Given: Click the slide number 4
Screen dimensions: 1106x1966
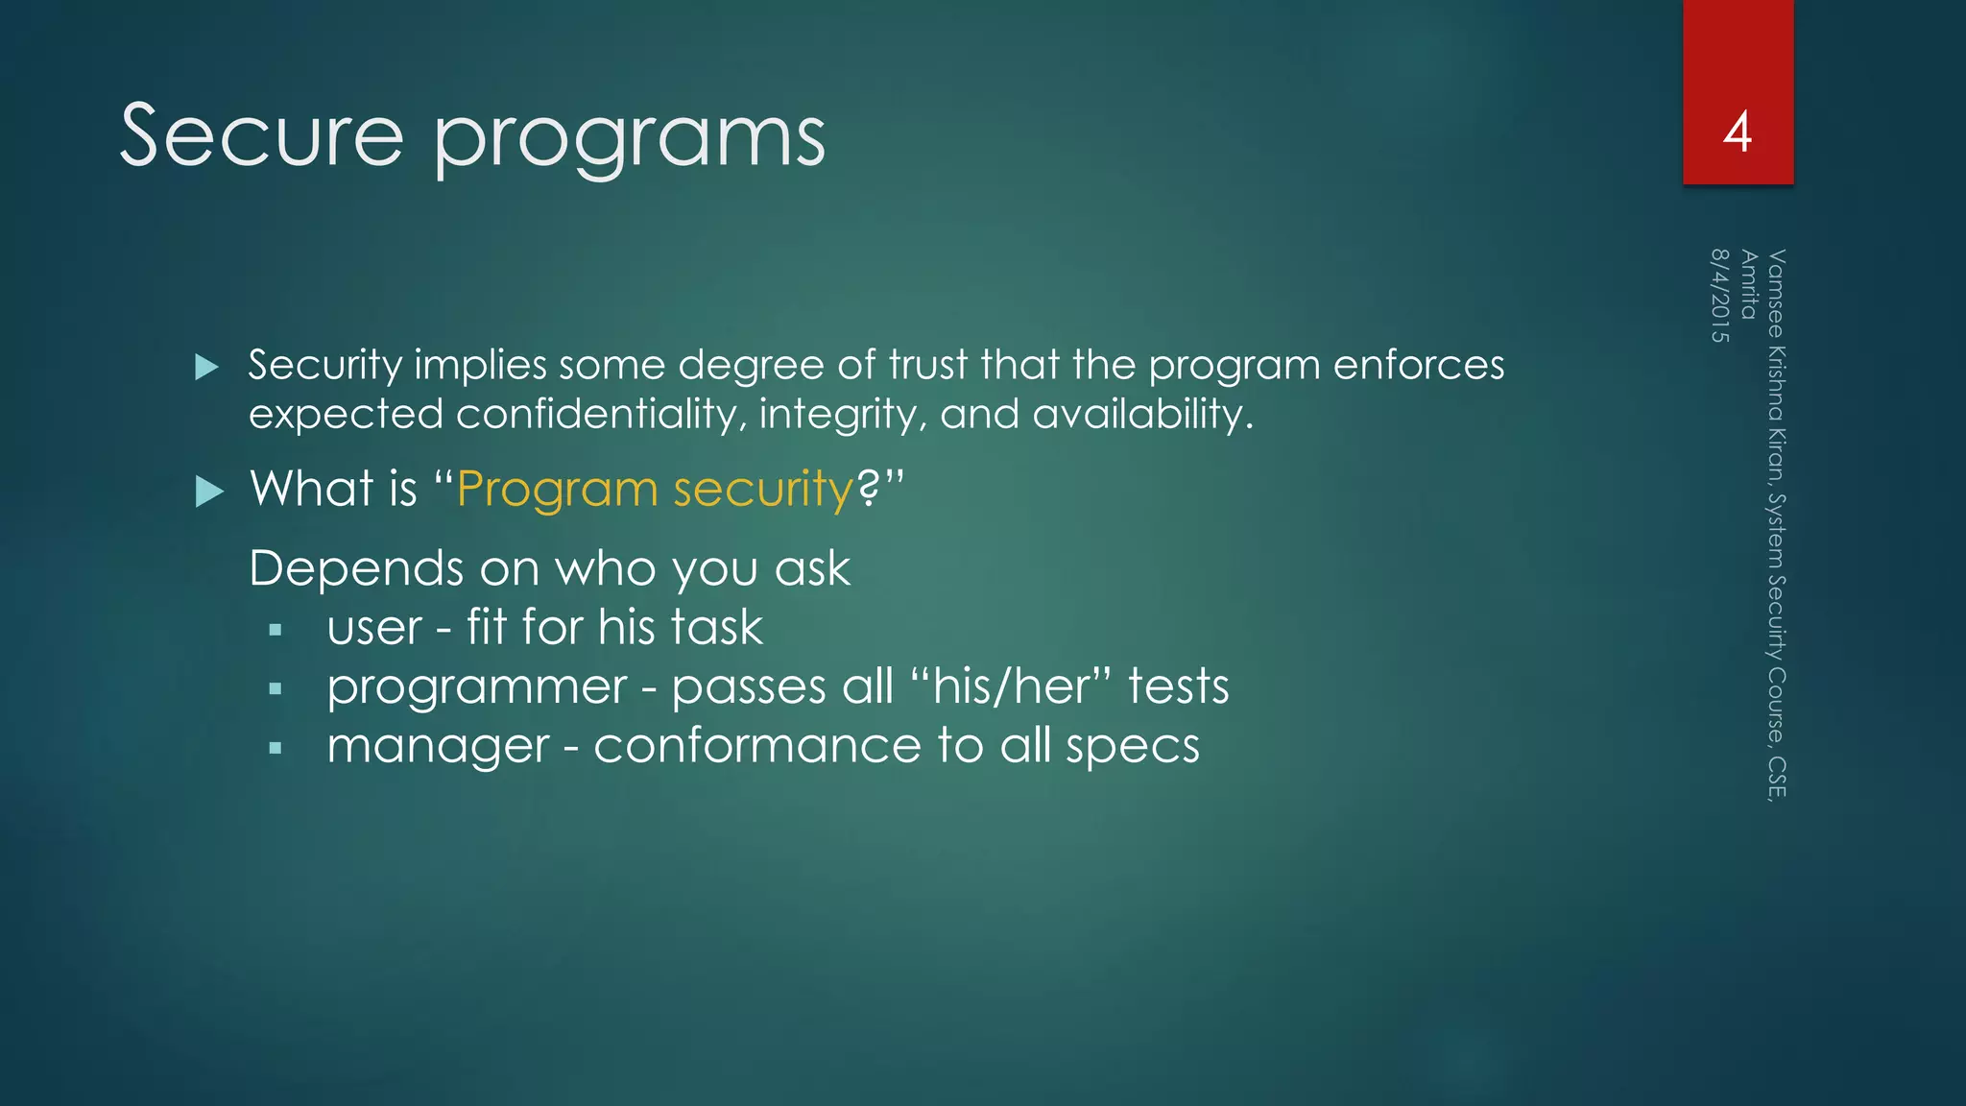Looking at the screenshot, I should [1737, 132].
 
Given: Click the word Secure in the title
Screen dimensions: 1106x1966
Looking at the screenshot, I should [261, 136].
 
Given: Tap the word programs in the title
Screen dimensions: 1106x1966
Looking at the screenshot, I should [630, 140].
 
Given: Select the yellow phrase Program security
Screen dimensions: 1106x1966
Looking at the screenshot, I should [655, 490].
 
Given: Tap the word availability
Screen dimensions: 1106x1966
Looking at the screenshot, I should [1142, 415].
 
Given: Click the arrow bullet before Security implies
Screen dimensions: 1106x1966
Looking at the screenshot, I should [206, 367].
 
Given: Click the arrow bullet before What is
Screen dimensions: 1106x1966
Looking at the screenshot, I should [208, 492].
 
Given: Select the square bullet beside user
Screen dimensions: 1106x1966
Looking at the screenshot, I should [276, 631].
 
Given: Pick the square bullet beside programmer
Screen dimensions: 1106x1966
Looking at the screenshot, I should [276, 689].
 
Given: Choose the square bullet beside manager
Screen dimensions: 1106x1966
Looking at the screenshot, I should [276, 748].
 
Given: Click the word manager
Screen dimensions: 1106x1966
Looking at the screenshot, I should [438, 747].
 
